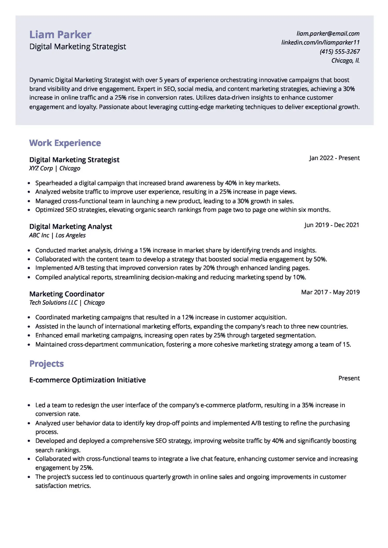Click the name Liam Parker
pyautogui.click(x=60, y=35)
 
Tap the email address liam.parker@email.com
pyautogui.click(x=328, y=34)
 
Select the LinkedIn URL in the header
pyautogui.click(x=320, y=42)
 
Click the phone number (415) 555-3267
pyautogui.click(x=339, y=51)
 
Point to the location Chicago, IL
pyautogui.click(x=345, y=60)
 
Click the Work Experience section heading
pyautogui.click(x=65, y=143)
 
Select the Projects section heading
pyautogui.click(x=47, y=364)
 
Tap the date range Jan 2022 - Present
pyautogui.click(x=334, y=158)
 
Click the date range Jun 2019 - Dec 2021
pyautogui.click(x=332, y=225)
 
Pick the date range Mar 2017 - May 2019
pyautogui.click(x=330, y=292)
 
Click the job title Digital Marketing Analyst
pyautogui.click(x=71, y=227)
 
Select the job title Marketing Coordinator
pyautogui.click(x=67, y=294)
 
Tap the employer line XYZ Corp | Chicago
pyautogui.click(x=55, y=168)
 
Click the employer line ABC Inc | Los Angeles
pyautogui.click(x=57, y=235)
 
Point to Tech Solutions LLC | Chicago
pyautogui.click(x=67, y=303)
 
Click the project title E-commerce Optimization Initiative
pyautogui.click(x=87, y=380)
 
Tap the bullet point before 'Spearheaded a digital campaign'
pyautogui.click(x=29, y=183)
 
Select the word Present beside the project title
pyautogui.click(x=349, y=378)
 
